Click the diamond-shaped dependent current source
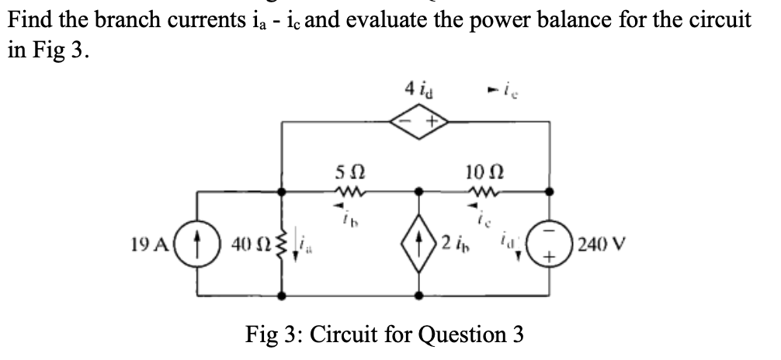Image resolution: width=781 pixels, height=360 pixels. tap(420, 241)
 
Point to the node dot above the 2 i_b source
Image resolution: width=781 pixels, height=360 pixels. tap(420, 189)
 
